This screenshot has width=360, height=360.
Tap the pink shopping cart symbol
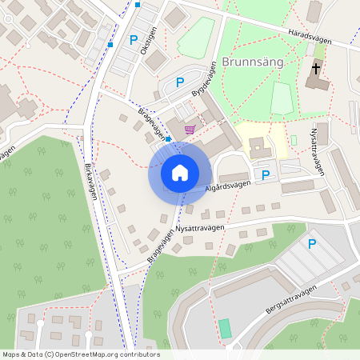tap(190, 130)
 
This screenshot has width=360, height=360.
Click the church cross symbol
tap(315, 70)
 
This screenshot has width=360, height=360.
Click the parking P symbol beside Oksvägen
tap(133, 38)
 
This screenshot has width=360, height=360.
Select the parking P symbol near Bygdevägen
tap(180, 82)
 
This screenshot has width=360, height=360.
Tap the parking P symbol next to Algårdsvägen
tap(265, 174)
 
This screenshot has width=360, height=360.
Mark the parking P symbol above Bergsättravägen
tap(312, 244)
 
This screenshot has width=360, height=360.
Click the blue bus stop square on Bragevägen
tap(168, 138)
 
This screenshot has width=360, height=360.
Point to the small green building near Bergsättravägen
tap(225, 328)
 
